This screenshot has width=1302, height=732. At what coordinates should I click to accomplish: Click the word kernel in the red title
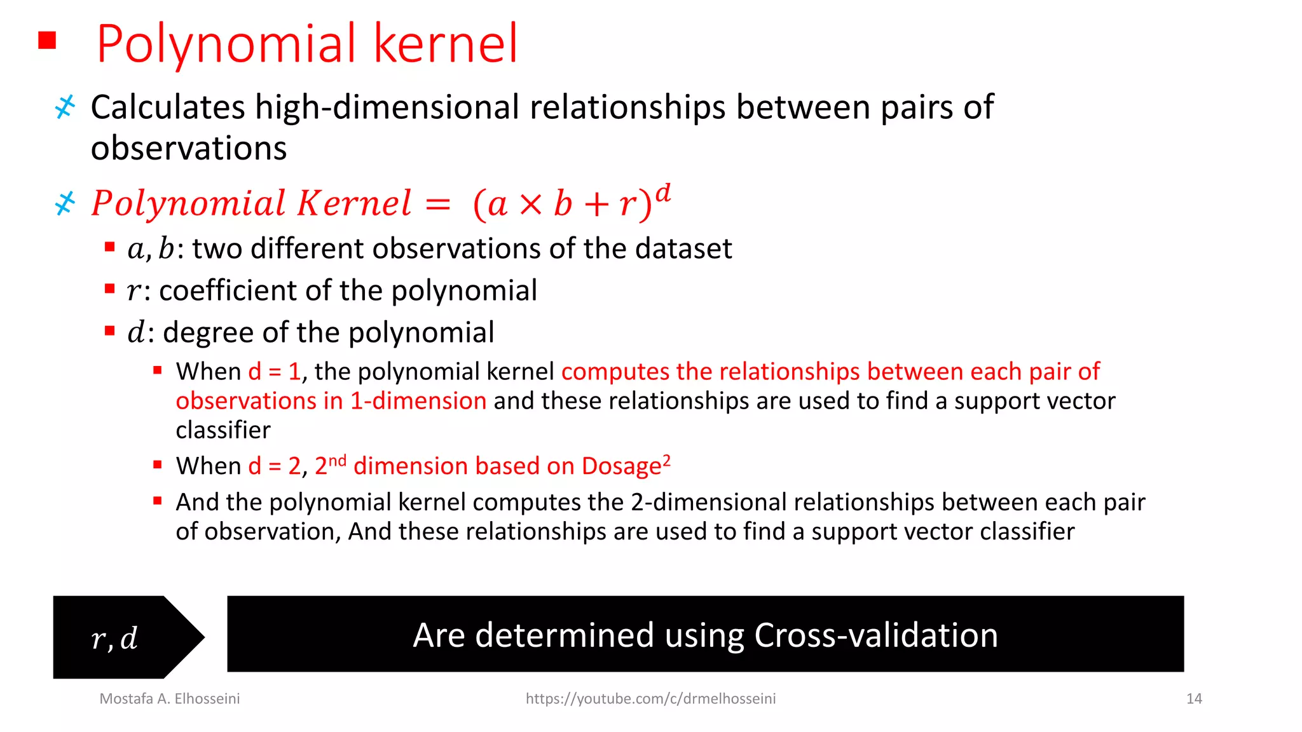click(x=446, y=44)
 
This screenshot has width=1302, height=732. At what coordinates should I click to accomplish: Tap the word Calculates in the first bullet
click(x=168, y=107)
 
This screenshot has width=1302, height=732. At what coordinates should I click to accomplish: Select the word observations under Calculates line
click(x=189, y=148)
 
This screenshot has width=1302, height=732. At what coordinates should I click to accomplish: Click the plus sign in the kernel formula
click(x=596, y=205)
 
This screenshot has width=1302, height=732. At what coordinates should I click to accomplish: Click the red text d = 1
click(x=274, y=372)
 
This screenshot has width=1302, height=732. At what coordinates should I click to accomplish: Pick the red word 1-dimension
click(x=418, y=401)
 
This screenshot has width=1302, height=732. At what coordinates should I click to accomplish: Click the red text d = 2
click(x=274, y=466)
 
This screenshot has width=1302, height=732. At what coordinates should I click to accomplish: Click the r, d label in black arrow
click(x=114, y=638)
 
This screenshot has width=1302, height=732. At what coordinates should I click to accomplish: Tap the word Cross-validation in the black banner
click(x=875, y=635)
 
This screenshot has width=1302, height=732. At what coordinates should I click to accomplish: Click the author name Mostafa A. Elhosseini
click(x=170, y=699)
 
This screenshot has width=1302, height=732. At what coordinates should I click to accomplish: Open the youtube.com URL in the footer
click(x=650, y=699)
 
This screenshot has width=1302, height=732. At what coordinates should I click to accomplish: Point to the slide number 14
click(x=1193, y=699)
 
